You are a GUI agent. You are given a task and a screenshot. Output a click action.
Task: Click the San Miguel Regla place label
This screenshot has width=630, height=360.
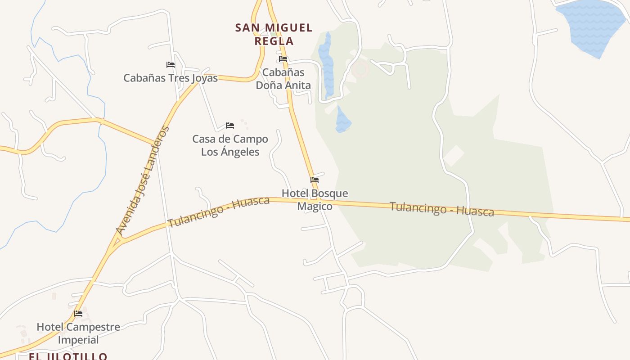click(274, 34)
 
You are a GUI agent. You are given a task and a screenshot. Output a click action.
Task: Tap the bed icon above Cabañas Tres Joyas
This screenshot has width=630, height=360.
click(170, 65)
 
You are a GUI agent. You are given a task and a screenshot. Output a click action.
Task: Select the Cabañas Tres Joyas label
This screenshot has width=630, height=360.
click(171, 78)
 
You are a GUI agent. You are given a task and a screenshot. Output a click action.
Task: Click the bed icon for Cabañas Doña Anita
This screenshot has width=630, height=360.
click(283, 59)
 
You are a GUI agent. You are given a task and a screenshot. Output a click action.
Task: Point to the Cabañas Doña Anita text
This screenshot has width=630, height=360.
click(283, 78)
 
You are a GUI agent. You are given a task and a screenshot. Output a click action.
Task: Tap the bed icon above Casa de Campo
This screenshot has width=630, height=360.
click(230, 126)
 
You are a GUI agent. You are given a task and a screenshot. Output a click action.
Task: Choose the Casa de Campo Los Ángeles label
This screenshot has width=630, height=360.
click(230, 145)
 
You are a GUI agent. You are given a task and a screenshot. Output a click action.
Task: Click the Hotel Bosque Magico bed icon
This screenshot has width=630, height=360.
click(315, 180)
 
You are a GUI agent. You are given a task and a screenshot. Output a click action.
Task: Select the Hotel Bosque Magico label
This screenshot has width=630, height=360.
click(315, 200)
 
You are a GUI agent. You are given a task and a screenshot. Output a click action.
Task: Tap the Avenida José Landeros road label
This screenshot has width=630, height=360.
click(143, 180)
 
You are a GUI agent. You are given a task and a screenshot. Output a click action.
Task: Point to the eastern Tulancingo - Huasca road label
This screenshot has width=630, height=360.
click(441, 209)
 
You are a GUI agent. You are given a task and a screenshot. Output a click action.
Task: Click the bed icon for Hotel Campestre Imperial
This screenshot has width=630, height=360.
click(78, 314)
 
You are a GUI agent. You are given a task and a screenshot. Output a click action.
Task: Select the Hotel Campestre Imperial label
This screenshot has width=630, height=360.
click(78, 333)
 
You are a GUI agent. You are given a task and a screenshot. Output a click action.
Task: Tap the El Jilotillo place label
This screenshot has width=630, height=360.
click(68, 356)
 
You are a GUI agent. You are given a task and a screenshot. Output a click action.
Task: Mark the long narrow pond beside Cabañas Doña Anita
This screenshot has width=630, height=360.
click(326, 65)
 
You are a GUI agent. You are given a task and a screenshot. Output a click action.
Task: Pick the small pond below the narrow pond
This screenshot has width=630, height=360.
click(342, 120)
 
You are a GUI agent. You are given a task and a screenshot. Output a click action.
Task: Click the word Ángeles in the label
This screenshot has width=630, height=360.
click(230, 152)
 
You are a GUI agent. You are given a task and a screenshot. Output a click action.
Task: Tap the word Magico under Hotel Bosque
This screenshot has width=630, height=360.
click(315, 206)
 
